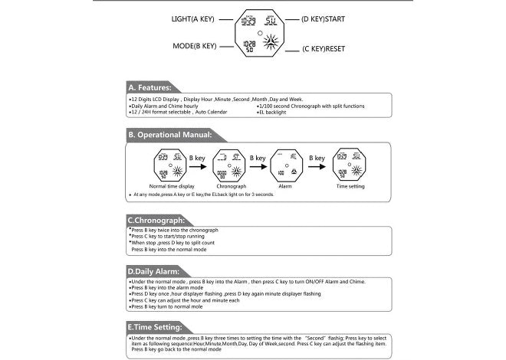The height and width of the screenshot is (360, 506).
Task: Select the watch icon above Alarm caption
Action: pyautogui.click(x=284, y=164)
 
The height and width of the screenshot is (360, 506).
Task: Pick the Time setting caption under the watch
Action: pyautogui.click(x=351, y=186)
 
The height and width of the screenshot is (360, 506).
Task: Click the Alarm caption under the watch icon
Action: pyautogui.click(x=284, y=186)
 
